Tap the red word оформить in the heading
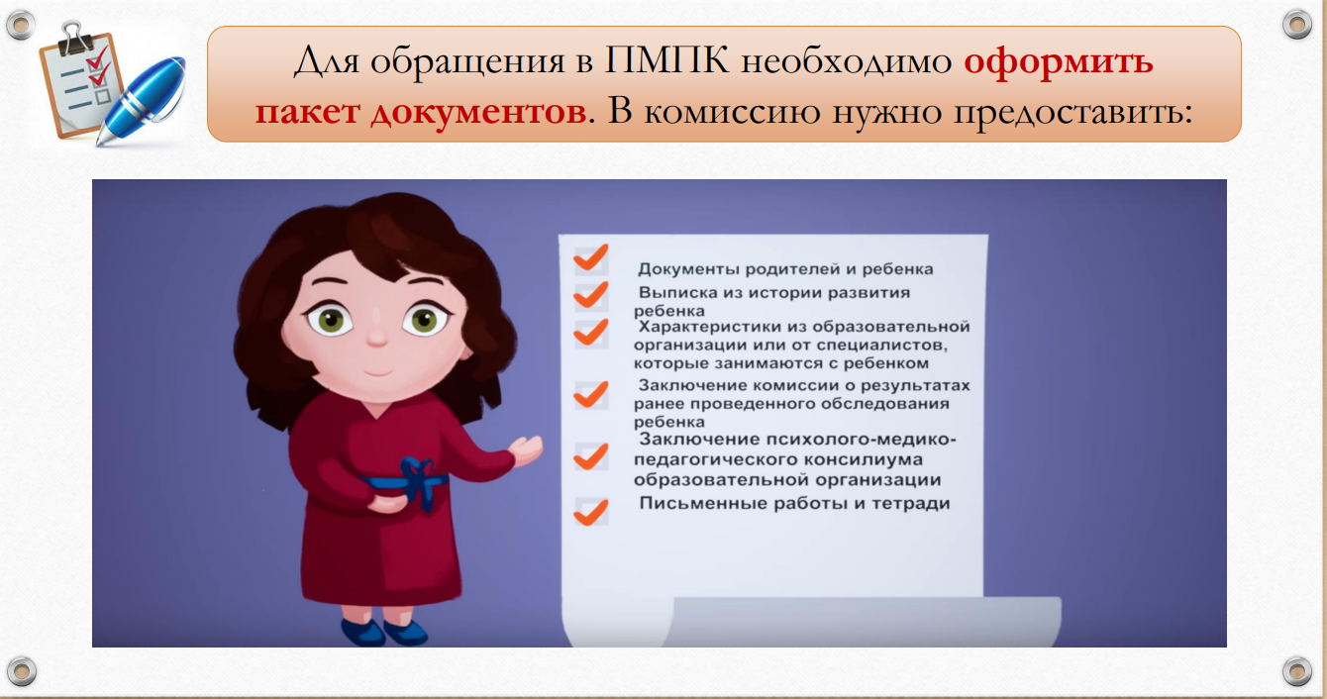[1059, 62]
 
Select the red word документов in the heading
[478, 111]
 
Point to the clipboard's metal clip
[77, 37]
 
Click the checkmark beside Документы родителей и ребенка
[590, 257]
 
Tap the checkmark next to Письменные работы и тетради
[590, 513]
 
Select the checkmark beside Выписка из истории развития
[590, 295]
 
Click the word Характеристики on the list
[722, 327]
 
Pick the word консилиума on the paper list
[865, 459]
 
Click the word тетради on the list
[910, 504]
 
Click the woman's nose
[377, 337]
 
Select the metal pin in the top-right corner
[1296, 25]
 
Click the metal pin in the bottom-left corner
[22, 671]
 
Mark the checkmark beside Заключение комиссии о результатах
[590, 395]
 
